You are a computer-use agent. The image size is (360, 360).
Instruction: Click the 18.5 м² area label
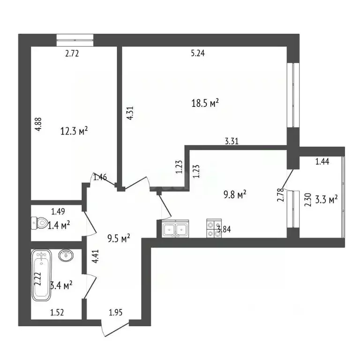click(205, 103)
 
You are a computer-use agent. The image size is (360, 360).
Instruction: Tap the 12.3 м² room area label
click(74, 131)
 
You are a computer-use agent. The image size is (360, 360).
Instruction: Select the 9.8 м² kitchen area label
click(235, 195)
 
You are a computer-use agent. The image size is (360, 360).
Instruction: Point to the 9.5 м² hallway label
click(119, 239)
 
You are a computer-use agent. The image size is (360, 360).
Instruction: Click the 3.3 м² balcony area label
click(326, 199)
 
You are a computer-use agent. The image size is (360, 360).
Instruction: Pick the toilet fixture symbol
click(38, 223)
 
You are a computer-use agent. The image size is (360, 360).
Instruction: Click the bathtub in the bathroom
click(41, 275)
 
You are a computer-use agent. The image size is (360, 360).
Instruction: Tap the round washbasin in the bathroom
click(66, 255)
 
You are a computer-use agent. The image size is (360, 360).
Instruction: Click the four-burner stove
click(214, 228)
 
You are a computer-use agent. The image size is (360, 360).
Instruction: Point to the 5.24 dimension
click(198, 53)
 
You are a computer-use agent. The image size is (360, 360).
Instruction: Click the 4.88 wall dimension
click(38, 124)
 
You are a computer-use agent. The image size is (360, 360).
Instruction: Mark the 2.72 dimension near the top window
click(72, 53)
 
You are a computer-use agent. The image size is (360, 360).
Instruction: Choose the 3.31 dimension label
click(232, 141)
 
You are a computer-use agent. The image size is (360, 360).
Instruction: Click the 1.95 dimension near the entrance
click(115, 313)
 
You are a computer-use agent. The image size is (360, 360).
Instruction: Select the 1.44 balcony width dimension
click(322, 162)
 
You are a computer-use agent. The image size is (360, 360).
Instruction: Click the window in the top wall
click(75, 40)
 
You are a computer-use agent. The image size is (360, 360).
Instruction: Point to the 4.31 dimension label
click(130, 113)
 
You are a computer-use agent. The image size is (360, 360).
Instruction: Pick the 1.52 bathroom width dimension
click(57, 313)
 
